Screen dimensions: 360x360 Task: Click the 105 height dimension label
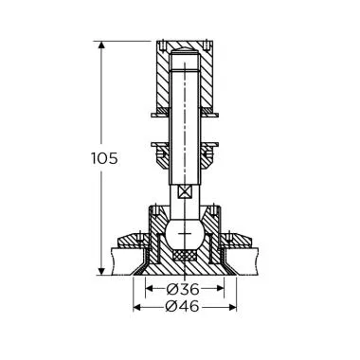pos(107,158)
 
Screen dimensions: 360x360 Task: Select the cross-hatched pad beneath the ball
pos(184,254)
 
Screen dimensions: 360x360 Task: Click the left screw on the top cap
pos(164,45)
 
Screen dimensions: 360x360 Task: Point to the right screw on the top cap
pos(203,45)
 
